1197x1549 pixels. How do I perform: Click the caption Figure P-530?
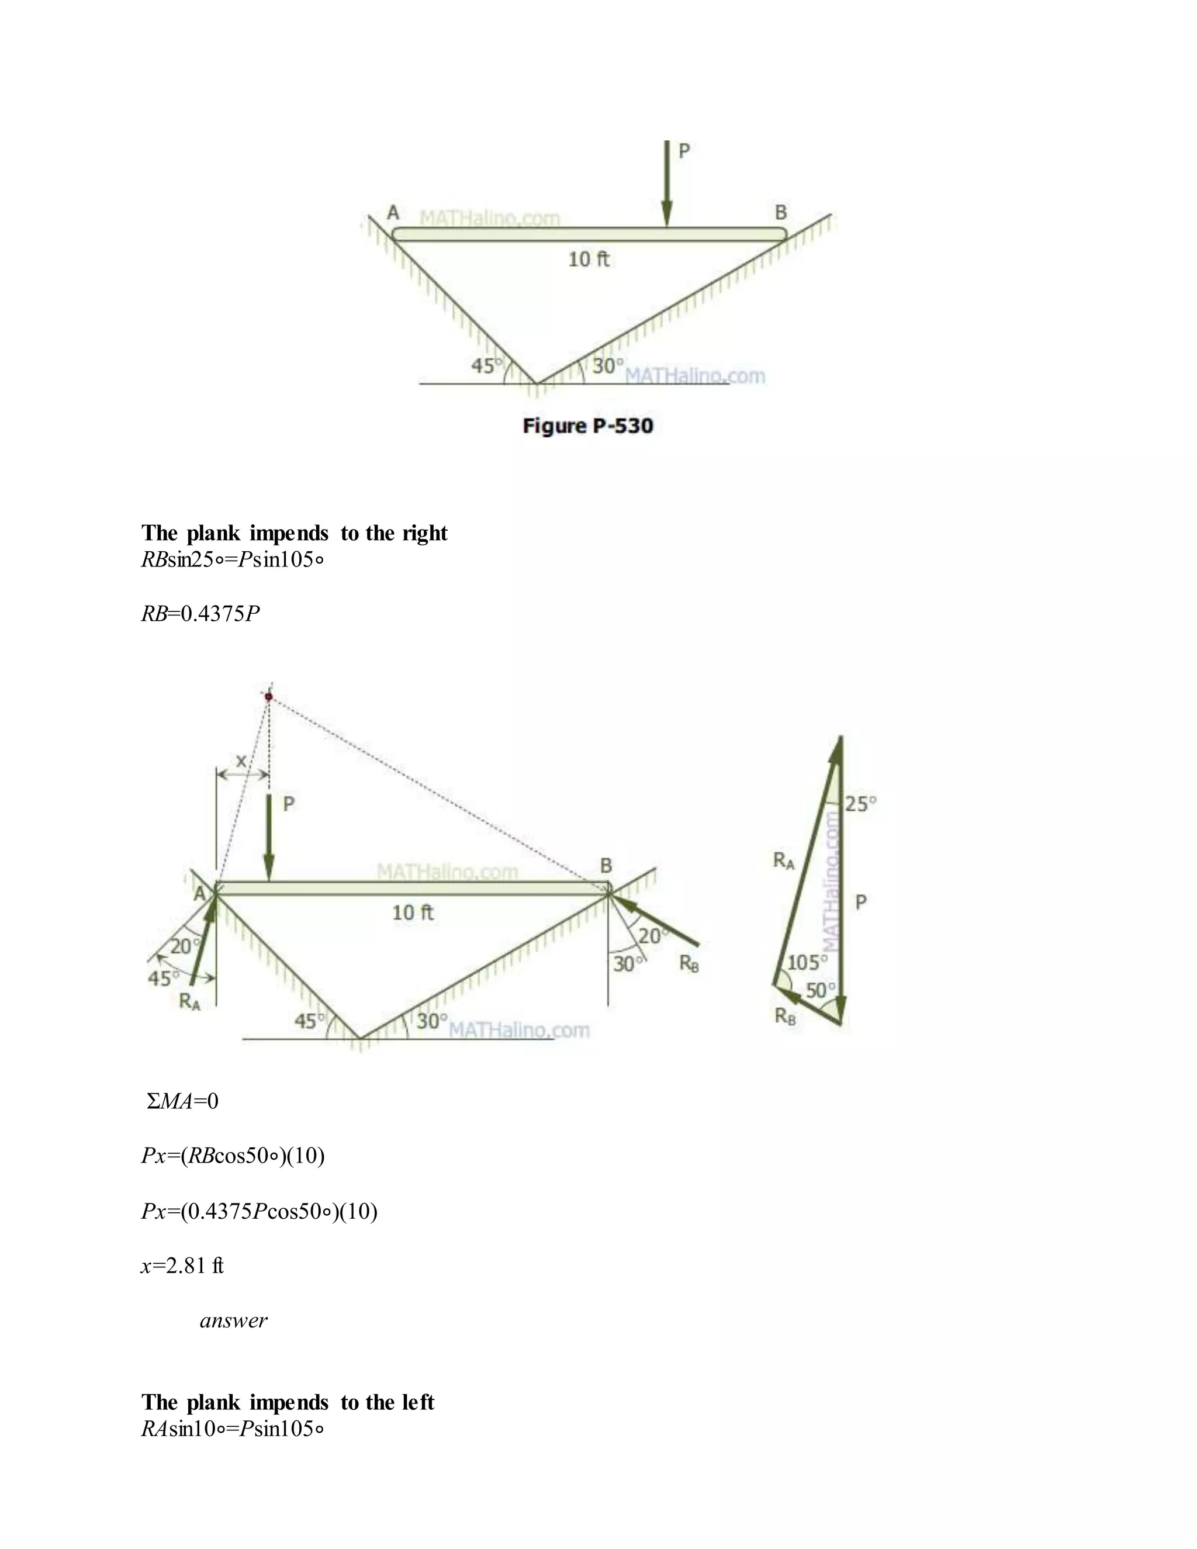[588, 426]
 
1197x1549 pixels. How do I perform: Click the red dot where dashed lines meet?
[269, 697]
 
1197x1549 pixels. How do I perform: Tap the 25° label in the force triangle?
[861, 804]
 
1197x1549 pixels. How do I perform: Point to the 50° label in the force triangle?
[821, 990]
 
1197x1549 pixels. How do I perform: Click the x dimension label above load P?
[241, 761]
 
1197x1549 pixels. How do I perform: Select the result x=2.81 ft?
[182, 1266]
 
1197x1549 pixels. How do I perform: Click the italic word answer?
[233, 1320]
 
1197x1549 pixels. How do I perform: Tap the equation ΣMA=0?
[182, 1101]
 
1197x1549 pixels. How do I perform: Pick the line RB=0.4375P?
[200, 614]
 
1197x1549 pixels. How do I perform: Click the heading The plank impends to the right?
[295, 533]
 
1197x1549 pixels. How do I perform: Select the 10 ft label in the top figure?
[589, 260]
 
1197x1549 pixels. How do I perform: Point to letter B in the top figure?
[781, 212]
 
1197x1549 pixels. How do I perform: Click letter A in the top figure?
[393, 212]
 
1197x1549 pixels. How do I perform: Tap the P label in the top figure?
[684, 151]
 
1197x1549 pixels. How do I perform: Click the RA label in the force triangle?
[784, 861]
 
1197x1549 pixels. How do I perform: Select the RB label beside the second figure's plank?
[689, 963]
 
